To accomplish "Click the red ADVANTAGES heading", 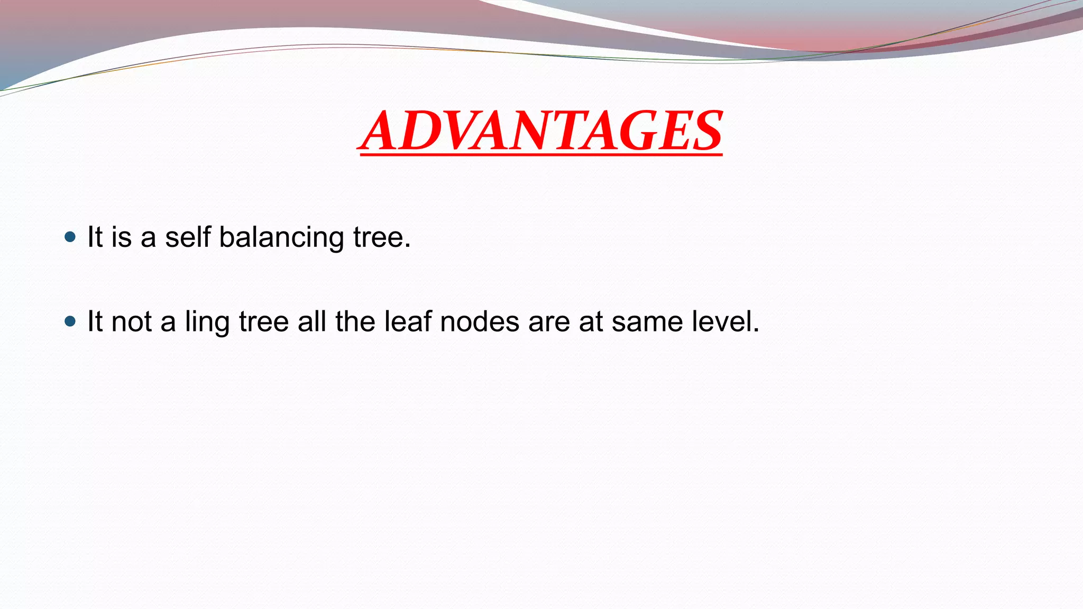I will [x=540, y=131].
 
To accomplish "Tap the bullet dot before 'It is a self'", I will [x=70, y=236].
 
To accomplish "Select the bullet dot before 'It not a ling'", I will [x=70, y=321].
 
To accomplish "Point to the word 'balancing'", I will [x=281, y=237].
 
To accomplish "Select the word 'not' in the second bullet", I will [x=132, y=321].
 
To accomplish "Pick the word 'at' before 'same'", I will [x=591, y=321].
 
